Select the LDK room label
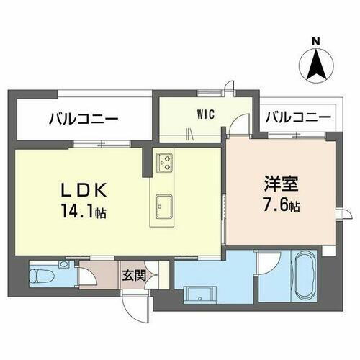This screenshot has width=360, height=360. (85, 192)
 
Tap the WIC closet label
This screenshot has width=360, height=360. (204, 113)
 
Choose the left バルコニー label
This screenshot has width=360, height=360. (84, 119)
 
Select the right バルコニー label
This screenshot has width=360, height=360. (297, 117)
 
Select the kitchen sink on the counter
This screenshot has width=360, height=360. (163, 205)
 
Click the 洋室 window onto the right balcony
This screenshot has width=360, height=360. (294, 135)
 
